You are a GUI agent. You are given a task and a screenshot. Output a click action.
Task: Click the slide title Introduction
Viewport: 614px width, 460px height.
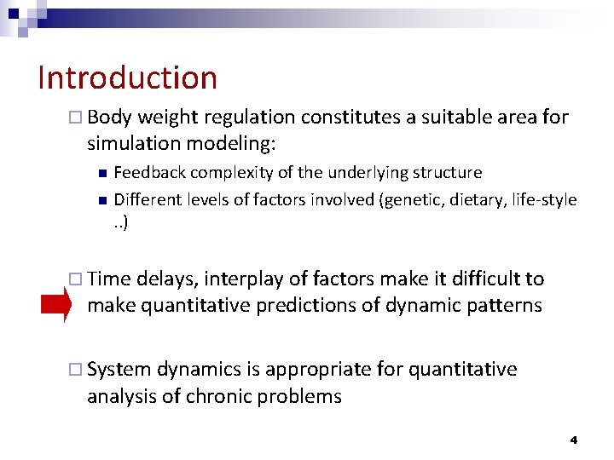(x=128, y=78)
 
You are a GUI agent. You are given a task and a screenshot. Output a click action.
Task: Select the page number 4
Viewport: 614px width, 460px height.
(x=573, y=440)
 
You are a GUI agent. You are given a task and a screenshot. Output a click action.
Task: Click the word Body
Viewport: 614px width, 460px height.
(x=108, y=117)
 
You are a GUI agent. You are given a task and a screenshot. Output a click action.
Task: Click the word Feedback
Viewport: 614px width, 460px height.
(x=149, y=173)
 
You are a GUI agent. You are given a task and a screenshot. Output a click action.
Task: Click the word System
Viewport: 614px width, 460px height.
(x=119, y=369)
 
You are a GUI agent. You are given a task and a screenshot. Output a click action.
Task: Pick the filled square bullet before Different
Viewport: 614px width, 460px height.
(x=101, y=201)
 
